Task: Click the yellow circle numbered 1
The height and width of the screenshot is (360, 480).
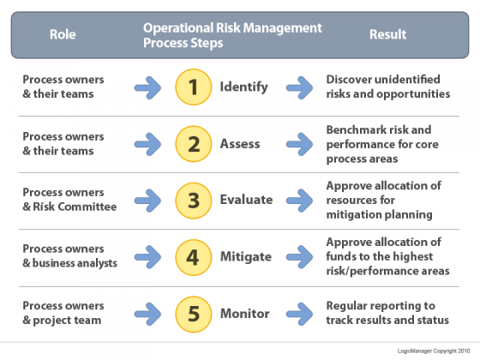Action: point(194,87)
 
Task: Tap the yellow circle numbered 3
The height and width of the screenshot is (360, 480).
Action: point(194,201)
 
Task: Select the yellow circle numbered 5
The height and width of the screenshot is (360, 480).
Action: point(194,314)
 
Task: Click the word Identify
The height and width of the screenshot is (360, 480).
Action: point(244,87)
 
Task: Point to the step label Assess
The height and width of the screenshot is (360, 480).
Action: point(240,144)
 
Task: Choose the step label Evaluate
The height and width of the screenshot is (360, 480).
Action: point(247,200)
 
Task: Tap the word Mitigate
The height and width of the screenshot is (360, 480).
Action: point(246,256)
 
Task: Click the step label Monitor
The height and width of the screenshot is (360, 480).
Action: point(245,314)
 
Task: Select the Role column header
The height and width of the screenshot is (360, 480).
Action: point(63,34)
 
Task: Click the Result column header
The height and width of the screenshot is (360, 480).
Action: point(387,34)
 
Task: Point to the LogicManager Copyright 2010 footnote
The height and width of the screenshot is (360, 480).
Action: point(434,351)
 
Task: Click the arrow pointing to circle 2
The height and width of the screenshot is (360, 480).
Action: point(147,144)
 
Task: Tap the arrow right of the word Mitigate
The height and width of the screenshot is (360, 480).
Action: point(299,257)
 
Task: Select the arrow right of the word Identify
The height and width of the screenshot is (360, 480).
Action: point(299,87)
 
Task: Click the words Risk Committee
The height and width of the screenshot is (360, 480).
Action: point(75,207)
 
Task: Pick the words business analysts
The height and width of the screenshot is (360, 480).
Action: point(75,263)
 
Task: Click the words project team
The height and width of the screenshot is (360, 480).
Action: point(67,321)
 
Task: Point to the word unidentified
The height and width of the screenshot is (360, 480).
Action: point(409,79)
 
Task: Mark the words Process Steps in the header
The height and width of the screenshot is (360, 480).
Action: point(183,43)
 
